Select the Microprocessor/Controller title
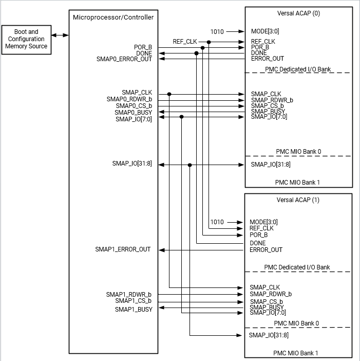pyautogui.click(x=113, y=17)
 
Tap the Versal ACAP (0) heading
pyautogui.click(x=298, y=13)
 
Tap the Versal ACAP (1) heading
pyautogui.click(x=298, y=200)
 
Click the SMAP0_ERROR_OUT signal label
pyautogui.click(x=124, y=59)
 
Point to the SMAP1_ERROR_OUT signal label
pyautogui.click(x=123, y=249)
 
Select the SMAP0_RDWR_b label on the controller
pyautogui.click(x=129, y=99)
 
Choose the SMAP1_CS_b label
pyautogui.click(x=134, y=301)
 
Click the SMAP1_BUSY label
pyautogui.click(x=134, y=309)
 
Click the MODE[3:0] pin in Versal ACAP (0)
pyautogui.click(x=265, y=31)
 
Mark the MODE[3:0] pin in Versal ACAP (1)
pyautogui.click(x=264, y=222)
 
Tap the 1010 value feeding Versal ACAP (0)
pyautogui.click(x=217, y=31)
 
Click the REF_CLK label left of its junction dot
pyautogui.click(x=185, y=41)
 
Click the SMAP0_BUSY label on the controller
pyautogui.click(x=133, y=112)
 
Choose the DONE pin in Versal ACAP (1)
pyautogui.click(x=258, y=243)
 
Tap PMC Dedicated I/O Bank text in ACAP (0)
pyautogui.click(x=297, y=69)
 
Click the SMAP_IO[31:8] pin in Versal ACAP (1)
pyautogui.click(x=269, y=335)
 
